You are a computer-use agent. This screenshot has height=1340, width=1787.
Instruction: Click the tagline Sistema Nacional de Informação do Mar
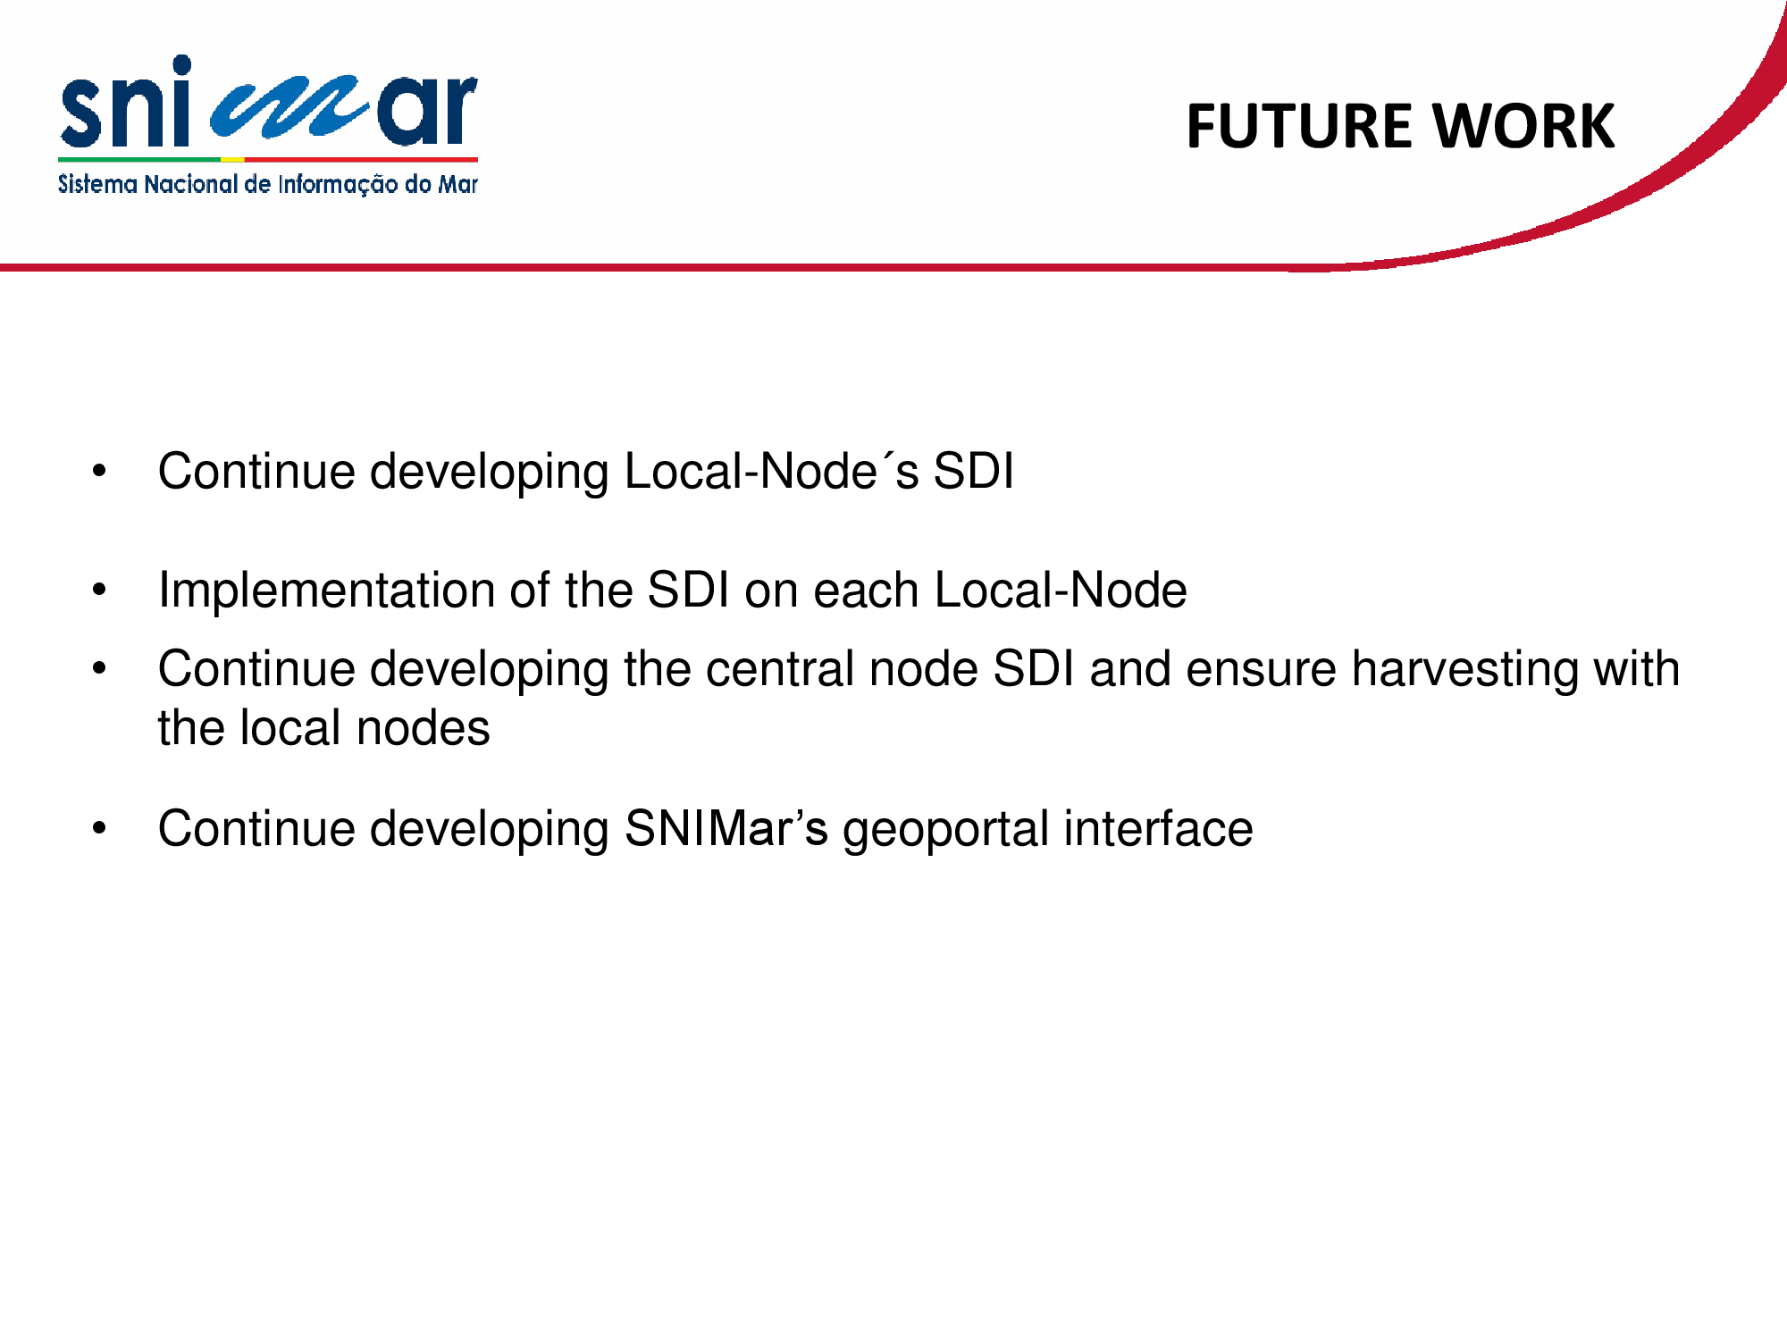[x=268, y=184]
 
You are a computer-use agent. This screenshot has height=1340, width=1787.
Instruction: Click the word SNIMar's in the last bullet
[x=726, y=828]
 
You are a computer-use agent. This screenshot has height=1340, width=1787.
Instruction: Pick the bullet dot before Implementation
[x=99, y=590]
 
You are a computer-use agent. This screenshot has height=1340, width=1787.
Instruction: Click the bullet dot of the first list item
[x=99, y=471]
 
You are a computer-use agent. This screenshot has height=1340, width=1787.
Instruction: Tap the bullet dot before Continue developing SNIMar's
[x=99, y=828]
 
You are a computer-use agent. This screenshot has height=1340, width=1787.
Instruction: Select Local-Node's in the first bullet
[x=771, y=471]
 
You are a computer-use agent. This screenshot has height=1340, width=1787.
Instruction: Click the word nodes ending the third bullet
[x=423, y=728]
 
